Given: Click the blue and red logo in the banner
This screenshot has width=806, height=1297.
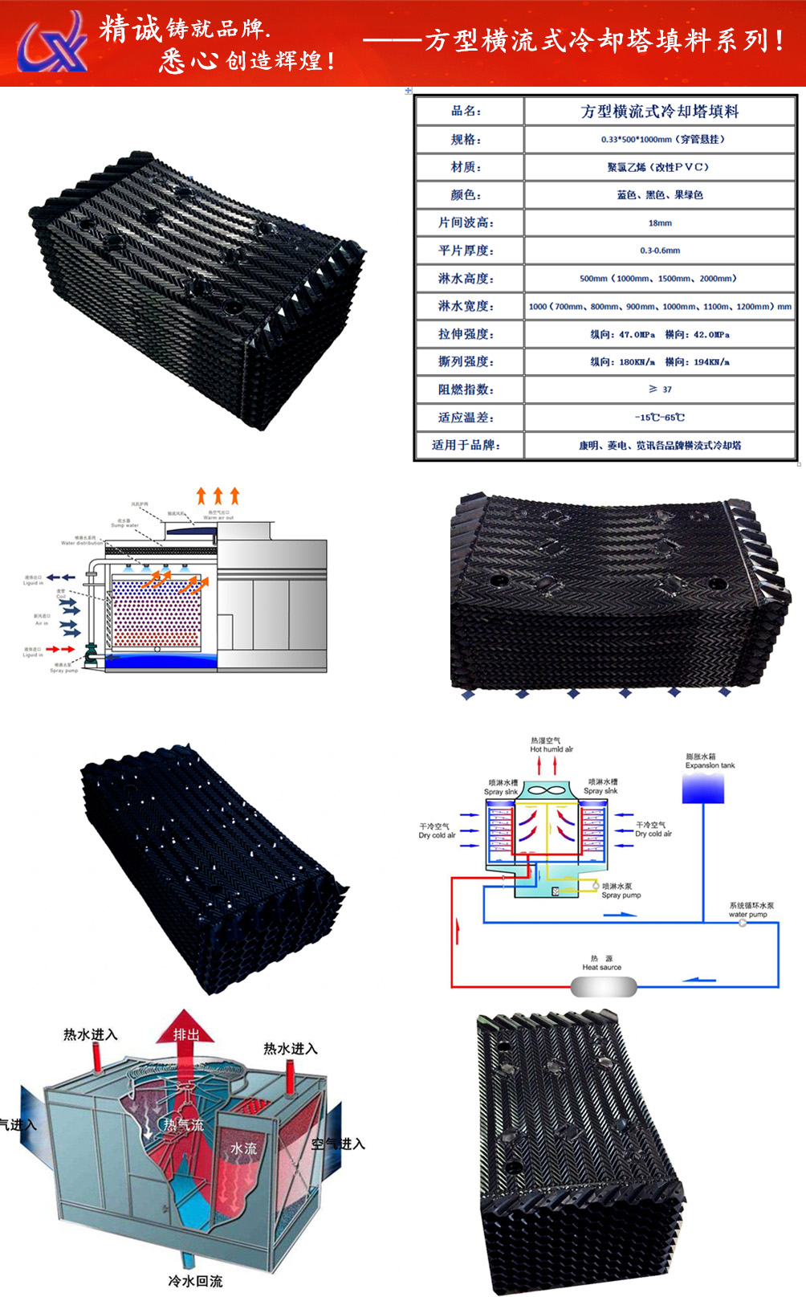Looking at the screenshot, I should tap(53, 42).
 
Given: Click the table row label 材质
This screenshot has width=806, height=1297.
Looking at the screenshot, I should tap(466, 167).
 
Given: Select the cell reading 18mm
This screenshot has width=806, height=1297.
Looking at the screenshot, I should tap(660, 222).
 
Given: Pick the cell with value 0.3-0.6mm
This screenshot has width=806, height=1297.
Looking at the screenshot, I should tap(660, 251).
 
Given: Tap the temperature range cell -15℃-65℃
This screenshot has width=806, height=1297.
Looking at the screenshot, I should tap(660, 418).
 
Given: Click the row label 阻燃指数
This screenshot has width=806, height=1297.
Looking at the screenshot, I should tap(466, 390).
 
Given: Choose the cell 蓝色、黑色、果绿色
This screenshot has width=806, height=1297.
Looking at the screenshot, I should tap(660, 195).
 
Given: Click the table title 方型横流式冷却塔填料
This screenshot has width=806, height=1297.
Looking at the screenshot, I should tap(660, 112).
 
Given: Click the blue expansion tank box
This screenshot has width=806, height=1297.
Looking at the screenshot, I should tap(703, 789).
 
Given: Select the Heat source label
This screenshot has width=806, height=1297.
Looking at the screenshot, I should tap(601, 963).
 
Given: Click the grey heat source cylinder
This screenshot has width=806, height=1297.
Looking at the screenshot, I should tap(604, 986).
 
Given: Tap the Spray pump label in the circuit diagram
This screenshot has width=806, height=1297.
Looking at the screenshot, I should tap(621, 891).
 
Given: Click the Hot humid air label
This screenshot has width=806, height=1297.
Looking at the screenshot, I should tap(551, 745).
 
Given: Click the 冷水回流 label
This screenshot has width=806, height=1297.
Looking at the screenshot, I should tap(195, 1281).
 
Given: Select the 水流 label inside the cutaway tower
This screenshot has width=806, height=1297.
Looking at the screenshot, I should tap(244, 1148).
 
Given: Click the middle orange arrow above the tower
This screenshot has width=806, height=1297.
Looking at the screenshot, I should tap(218, 495).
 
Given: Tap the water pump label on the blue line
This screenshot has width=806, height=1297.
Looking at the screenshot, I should tap(750, 910).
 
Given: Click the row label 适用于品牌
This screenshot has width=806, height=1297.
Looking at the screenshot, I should tap(466, 445).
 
